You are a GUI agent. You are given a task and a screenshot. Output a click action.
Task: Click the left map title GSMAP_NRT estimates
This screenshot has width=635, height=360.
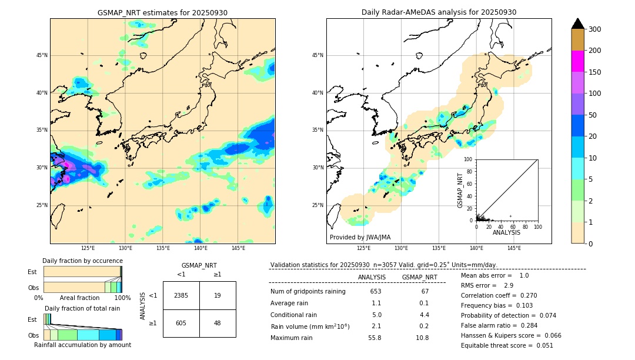(x=162, y=12)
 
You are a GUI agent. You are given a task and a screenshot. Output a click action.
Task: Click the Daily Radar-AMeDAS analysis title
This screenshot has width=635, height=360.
(x=439, y=12)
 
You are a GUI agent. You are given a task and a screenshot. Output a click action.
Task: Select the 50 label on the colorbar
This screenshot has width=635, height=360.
(x=594, y=115)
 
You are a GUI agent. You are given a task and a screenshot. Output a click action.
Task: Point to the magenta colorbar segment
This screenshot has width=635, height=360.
(x=578, y=61)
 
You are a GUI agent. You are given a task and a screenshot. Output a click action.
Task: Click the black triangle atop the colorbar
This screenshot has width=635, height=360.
(x=578, y=24)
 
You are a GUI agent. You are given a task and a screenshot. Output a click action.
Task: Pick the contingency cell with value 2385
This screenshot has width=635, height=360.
(x=181, y=295)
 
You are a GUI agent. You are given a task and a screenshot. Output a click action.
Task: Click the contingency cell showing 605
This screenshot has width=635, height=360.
(x=181, y=323)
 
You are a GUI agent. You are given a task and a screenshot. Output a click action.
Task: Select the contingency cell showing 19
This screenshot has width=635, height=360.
(x=218, y=295)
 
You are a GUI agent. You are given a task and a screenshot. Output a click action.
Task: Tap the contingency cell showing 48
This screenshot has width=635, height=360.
(x=218, y=323)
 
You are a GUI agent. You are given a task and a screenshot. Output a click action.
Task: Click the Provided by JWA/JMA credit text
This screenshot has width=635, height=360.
(x=360, y=238)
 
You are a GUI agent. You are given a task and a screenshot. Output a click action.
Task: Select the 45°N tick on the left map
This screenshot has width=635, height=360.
(x=41, y=55)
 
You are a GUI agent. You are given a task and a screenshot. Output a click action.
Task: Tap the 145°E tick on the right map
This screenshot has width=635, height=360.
(x=514, y=248)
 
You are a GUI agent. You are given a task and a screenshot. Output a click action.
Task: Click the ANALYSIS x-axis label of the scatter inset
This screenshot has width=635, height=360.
(x=506, y=233)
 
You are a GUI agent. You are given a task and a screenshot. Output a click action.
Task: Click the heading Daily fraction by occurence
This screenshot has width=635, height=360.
(x=82, y=261)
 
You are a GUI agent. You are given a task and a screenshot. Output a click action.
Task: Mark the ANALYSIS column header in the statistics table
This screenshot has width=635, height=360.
(x=372, y=277)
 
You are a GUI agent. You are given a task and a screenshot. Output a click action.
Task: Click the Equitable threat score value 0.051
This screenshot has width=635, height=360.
(x=543, y=346)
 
